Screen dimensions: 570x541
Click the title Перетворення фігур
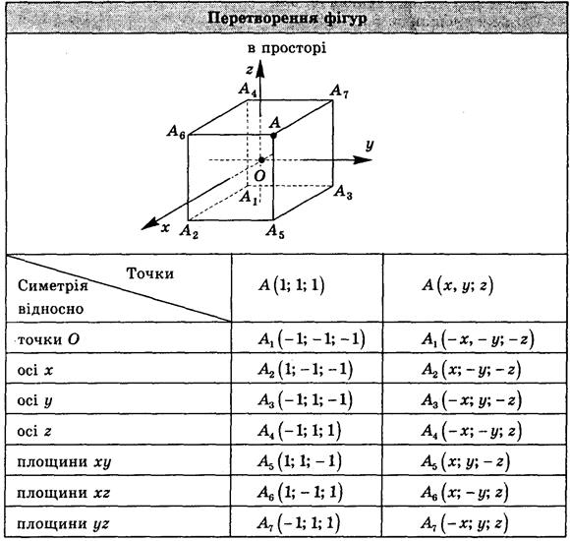point(287,18)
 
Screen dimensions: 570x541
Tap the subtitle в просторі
point(287,48)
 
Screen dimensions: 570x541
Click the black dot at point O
point(261,160)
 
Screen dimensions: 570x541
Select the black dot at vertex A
point(274,136)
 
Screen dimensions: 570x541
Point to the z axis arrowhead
point(259,69)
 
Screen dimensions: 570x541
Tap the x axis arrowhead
point(150,223)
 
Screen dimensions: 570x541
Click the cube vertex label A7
point(339,91)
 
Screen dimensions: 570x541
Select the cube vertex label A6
point(176,132)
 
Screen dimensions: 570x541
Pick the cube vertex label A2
point(189,231)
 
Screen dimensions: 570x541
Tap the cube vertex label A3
point(343,192)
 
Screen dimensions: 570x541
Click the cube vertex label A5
point(275,231)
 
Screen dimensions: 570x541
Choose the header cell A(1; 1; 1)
point(291,285)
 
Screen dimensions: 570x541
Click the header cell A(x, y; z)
point(458,285)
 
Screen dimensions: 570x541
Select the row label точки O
point(48,339)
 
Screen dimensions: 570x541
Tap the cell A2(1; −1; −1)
point(306,370)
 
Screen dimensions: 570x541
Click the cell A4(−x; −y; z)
point(472,432)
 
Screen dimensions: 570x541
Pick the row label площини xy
point(64,462)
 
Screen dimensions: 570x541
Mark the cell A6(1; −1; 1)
point(301,493)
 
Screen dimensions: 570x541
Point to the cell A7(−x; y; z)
point(464,524)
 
